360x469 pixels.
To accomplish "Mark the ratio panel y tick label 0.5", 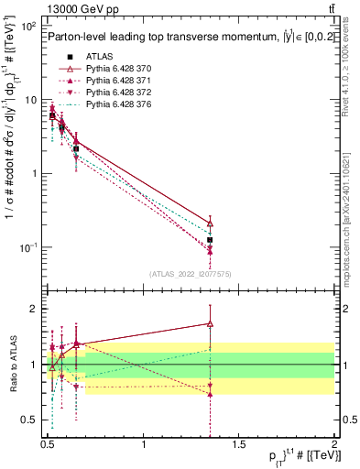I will point(31,420).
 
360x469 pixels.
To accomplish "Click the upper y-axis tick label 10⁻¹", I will point(28,247).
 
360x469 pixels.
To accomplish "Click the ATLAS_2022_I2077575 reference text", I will point(191,273).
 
